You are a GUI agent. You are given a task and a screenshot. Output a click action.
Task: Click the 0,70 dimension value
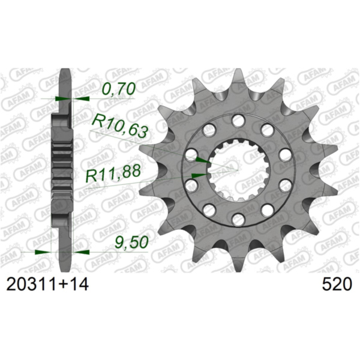pyautogui.click(x=119, y=89)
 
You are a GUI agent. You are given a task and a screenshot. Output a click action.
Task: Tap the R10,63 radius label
pyautogui.click(x=119, y=124)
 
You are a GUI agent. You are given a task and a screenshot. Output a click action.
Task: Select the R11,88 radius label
pyautogui.click(x=113, y=173)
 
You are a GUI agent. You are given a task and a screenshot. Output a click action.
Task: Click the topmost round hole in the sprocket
pyautogui.click(x=238, y=121)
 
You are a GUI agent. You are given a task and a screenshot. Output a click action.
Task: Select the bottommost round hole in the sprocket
pyautogui.click(x=238, y=218)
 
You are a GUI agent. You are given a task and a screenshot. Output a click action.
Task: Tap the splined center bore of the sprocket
pyautogui.click(x=238, y=169)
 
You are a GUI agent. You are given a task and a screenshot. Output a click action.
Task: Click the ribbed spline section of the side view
pyautogui.click(x=63, y=168)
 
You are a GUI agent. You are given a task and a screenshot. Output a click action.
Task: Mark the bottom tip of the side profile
pyautogui.click(x=65, y=269)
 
